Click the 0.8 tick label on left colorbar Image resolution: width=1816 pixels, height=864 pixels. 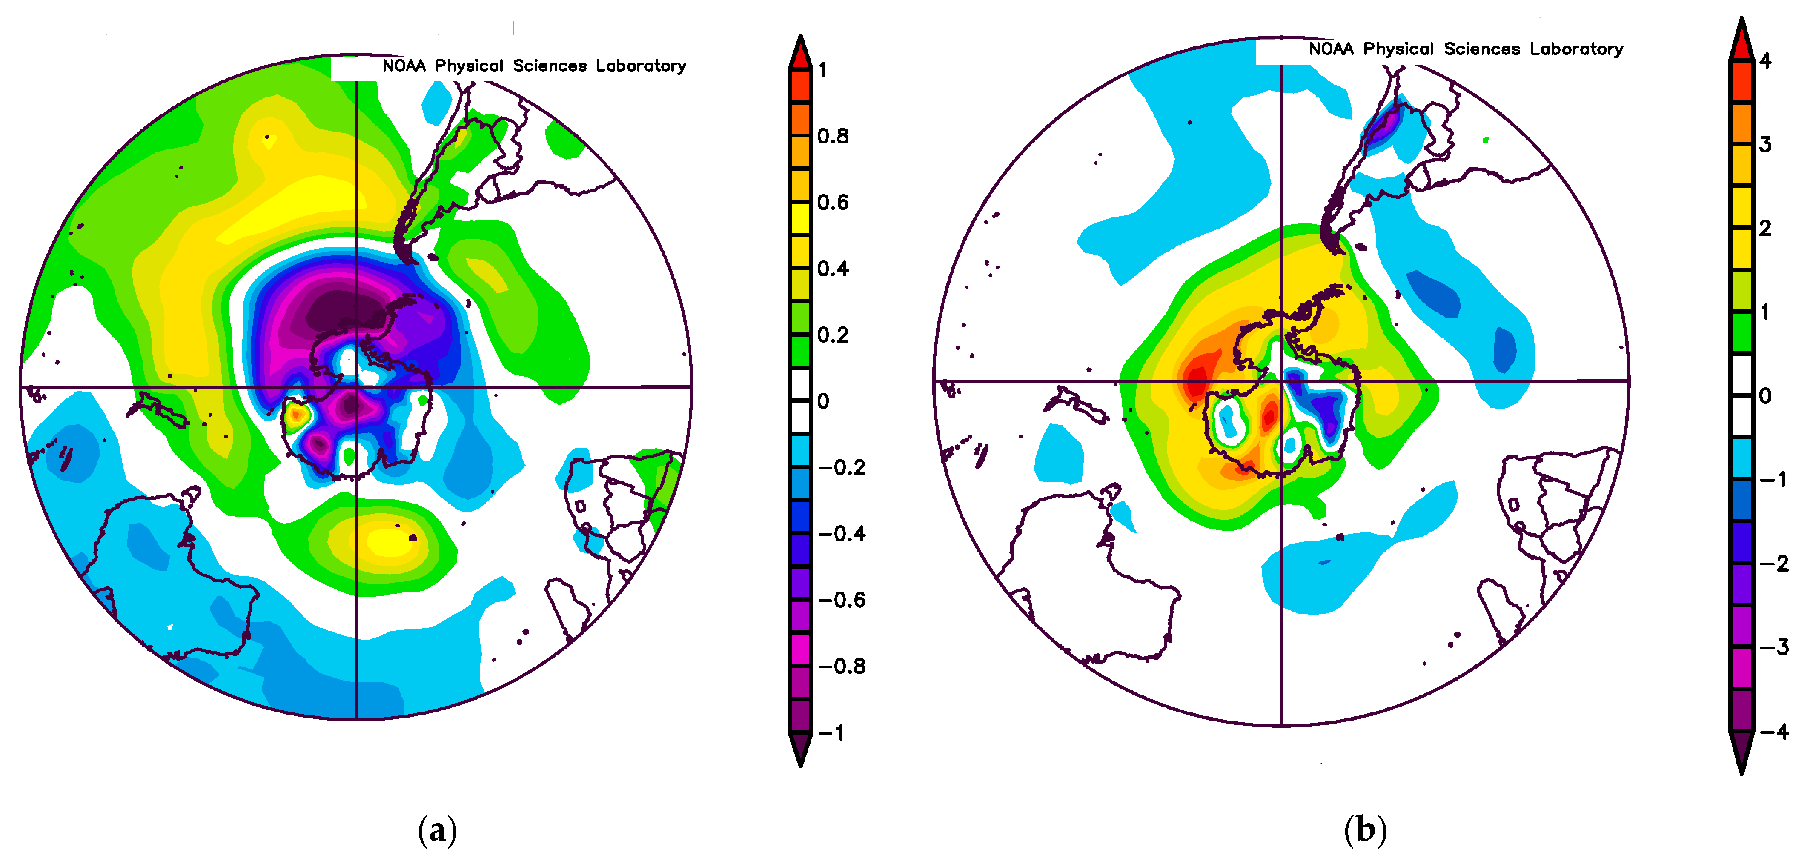tap(833, 136)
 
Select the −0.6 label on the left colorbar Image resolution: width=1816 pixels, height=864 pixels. tap(842, 600)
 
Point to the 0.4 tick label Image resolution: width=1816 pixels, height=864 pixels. tap(833, 269)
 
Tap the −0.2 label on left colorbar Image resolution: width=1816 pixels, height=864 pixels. tap(842, 467)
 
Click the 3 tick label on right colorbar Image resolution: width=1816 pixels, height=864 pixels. tap(1765, 144)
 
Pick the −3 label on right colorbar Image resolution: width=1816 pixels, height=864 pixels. tap(1774, 647)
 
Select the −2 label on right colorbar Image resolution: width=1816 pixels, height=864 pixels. tap(1774, 563)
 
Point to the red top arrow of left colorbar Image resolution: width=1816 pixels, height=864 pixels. tap(800, 53)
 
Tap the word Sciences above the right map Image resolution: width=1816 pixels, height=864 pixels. tap(1482, 49)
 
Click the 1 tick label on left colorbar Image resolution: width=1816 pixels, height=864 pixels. tap(823, 70)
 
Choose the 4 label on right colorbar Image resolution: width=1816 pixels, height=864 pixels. tap(1765, 60)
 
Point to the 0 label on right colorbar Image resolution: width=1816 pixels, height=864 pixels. tap(1765, 396)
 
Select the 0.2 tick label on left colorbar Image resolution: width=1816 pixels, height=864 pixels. tap(833, 335)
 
